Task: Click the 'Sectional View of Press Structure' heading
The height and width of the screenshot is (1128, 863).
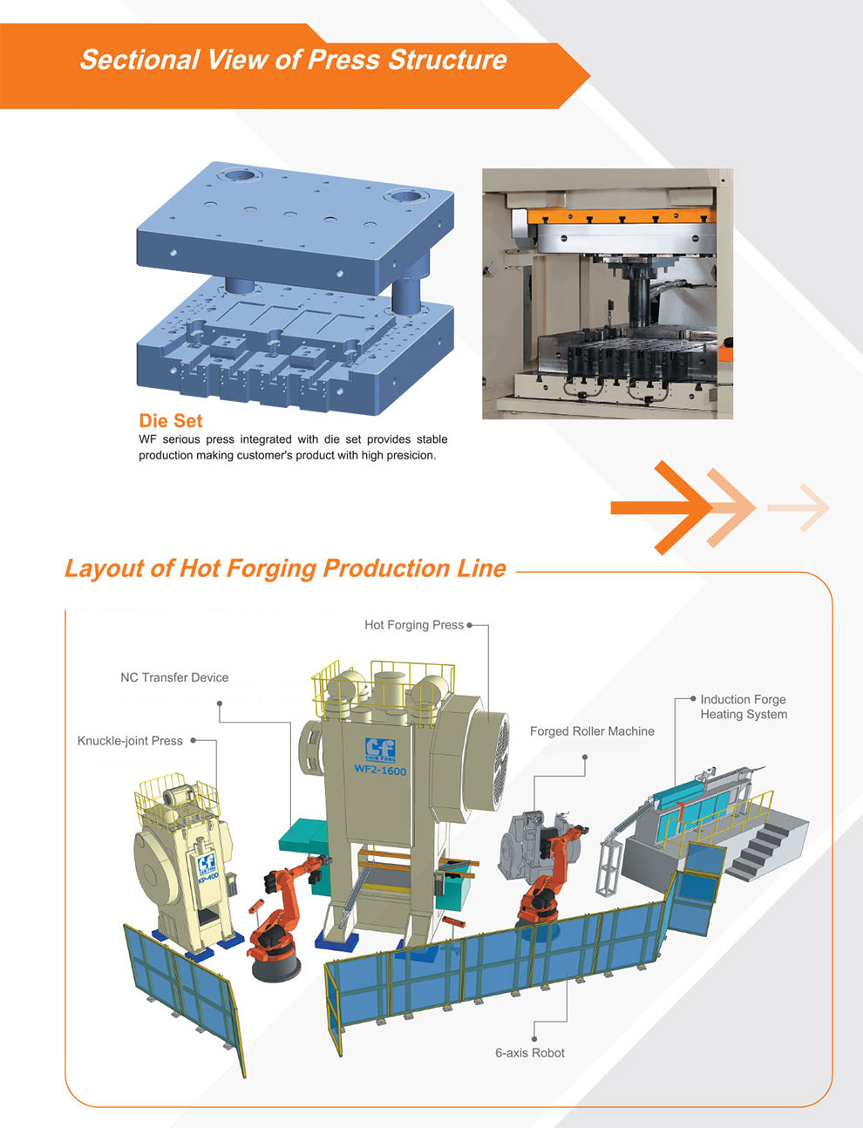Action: (293, 60)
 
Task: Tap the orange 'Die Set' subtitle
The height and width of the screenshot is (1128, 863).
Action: (171, 420)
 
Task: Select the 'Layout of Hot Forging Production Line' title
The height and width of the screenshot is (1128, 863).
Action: (285, 568)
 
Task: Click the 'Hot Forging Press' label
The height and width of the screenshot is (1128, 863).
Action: (414, 625)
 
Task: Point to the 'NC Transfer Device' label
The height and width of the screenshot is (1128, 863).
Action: (174, 677)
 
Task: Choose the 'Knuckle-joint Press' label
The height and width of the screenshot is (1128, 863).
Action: (130, 741)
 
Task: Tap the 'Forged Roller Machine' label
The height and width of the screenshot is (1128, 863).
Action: (592, 731)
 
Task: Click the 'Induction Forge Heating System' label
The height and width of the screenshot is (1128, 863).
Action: (743, 707)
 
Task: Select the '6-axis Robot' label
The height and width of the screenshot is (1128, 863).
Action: (529, 1053)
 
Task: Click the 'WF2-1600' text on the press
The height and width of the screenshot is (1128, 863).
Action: (380, 771)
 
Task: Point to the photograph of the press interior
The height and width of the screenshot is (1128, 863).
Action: (607, 293)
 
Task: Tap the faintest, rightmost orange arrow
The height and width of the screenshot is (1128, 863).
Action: (800, 506)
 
